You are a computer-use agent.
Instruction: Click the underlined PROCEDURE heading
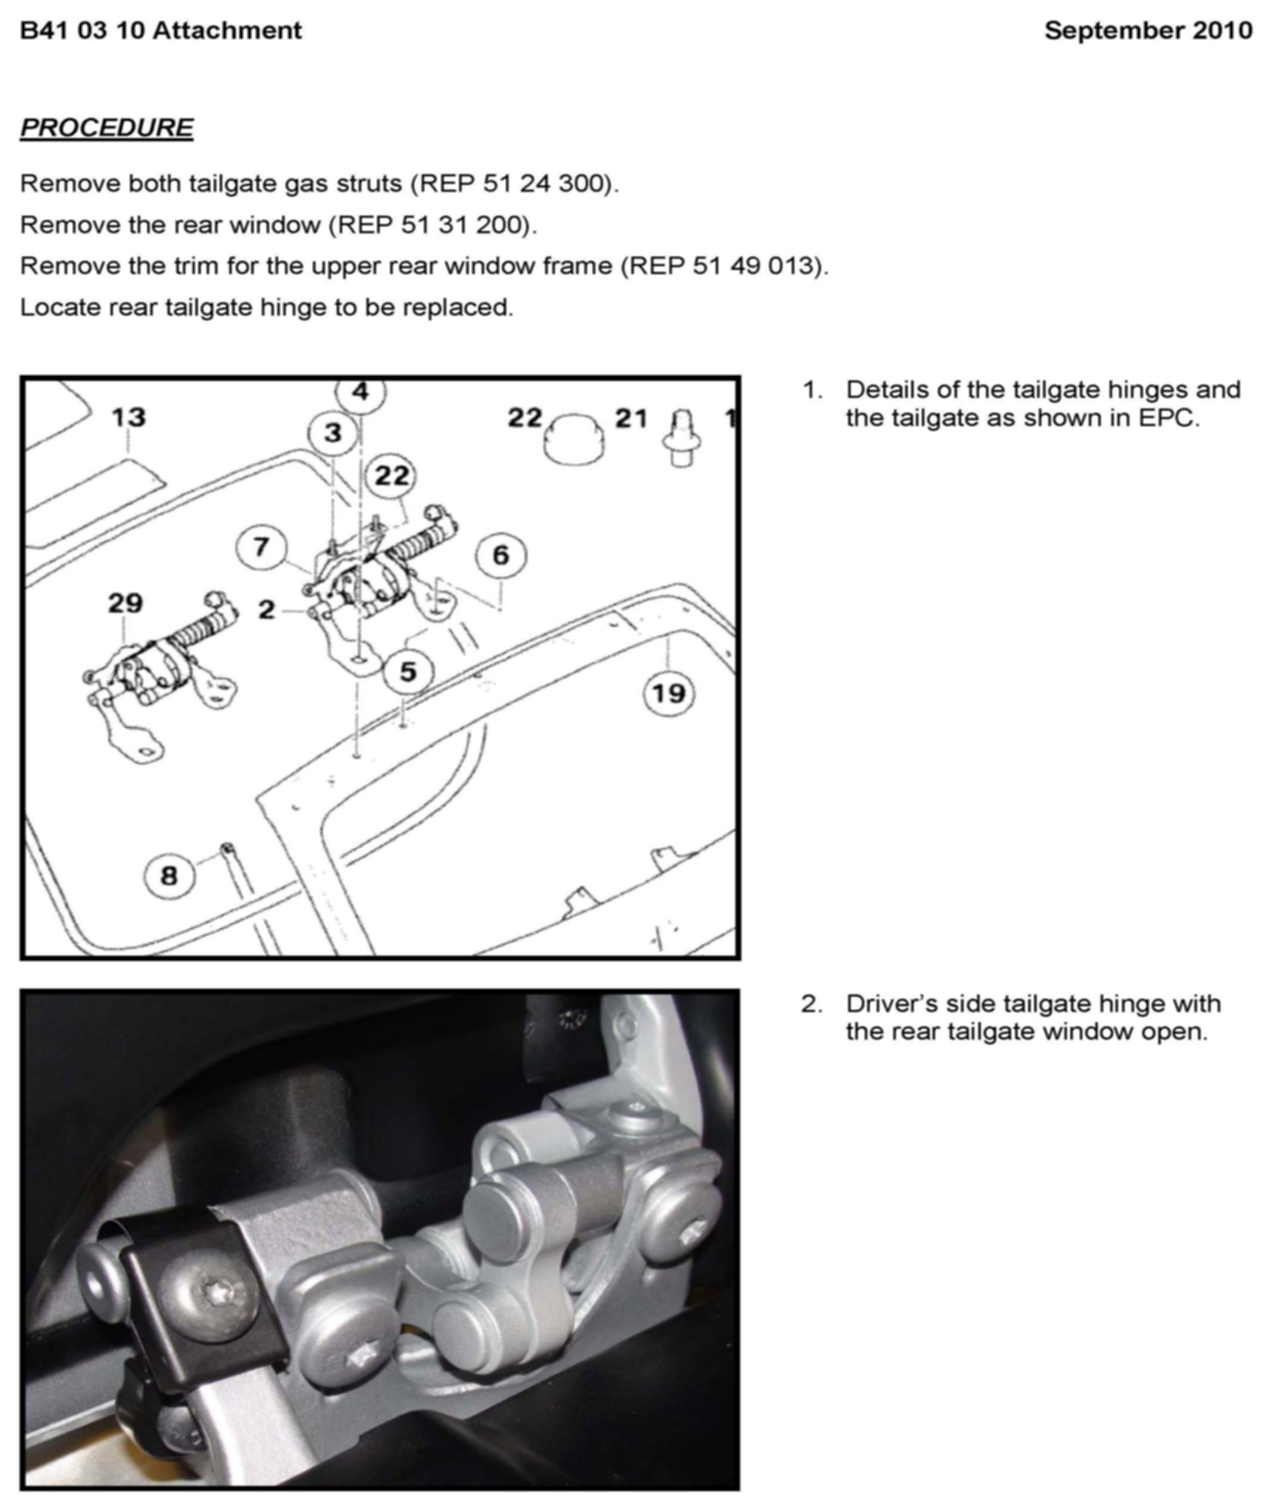tap(107, 128)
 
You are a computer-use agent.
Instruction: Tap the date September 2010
tap(1148, 30)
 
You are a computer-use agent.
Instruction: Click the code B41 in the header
tap(43, 30)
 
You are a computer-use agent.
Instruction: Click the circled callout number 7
tap(261, 547)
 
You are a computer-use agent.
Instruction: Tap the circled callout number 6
tap(501, 555)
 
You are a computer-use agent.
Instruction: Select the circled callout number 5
tap(408, 671)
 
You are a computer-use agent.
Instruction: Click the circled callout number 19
tap(668, 693)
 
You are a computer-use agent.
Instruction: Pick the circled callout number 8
tap(169, 876)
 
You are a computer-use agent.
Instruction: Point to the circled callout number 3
tap(333, 433)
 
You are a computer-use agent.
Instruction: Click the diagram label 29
tap(125, 602)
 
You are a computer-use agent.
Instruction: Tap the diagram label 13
tap(128, 417)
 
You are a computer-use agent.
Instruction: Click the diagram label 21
tap(631, 418)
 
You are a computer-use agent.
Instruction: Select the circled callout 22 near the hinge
tap(392, 476)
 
